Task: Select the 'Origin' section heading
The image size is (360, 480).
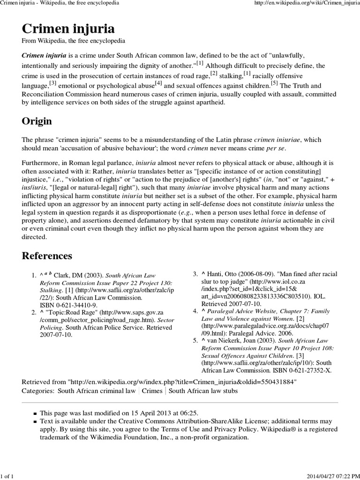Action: [37, 121]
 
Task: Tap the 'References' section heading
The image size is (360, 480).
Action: [47, 255]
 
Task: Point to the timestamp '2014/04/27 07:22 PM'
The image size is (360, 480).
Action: [328, 476]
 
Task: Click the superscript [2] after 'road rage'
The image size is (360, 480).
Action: [214, 73]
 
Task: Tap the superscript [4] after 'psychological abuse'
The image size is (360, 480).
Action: [158, 83]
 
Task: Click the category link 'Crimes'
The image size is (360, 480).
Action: [152, 390]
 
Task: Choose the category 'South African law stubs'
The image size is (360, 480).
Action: [203, 390]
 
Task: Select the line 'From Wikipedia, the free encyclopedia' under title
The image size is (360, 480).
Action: [74, 41]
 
